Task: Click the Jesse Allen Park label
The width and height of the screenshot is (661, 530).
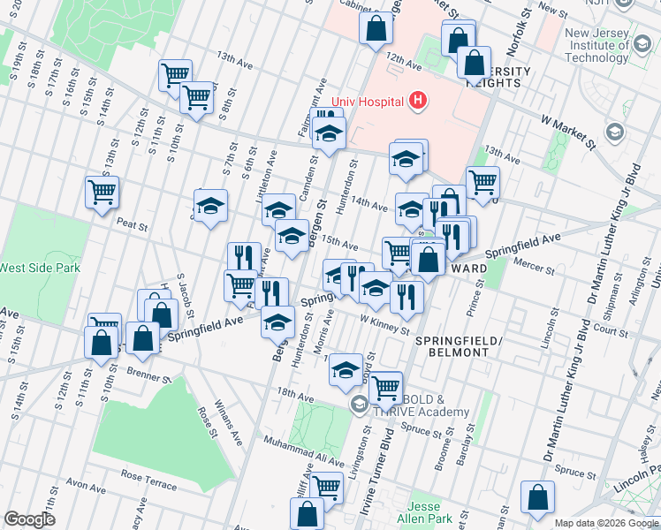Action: pos(430,510)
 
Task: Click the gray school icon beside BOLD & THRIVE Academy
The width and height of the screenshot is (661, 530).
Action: pos(359,405)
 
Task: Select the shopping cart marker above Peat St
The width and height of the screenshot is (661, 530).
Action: pos(103,191)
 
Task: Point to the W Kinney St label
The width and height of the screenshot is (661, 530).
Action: pos(385,326)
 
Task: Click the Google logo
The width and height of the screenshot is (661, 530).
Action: pos(29,519)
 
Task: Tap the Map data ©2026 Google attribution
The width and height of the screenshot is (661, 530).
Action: pos(605,523)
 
